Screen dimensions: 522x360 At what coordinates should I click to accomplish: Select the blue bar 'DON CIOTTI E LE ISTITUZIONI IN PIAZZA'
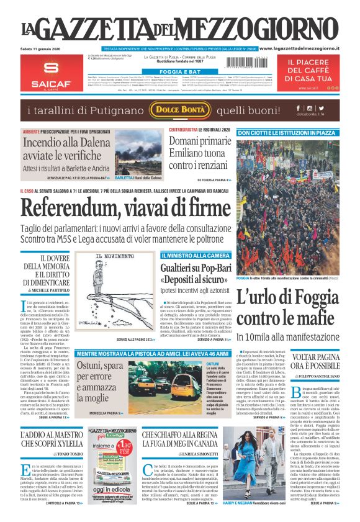coord(297,132)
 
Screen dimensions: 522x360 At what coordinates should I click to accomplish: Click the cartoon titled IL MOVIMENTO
coord(115,294)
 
